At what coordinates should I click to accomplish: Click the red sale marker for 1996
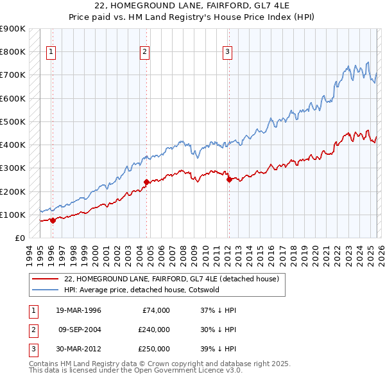(53, 220)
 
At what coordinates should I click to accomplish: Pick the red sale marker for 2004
(146, 182)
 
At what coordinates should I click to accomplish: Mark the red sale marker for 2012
(229, 179)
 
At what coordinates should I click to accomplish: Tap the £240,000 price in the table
(154, 330)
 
